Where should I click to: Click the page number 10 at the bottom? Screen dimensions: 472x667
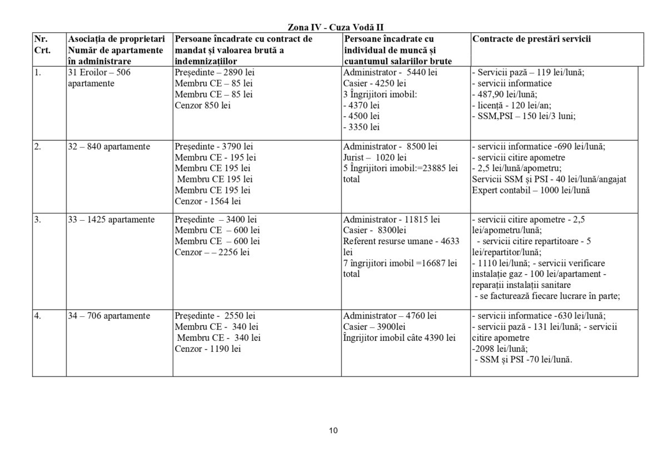(333, 430)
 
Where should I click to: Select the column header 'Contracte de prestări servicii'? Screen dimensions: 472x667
(531, 39)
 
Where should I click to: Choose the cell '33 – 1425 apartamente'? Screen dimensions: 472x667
(111, 220)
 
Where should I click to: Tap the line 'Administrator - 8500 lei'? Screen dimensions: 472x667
(390, 147)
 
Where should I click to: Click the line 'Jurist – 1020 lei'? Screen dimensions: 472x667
(375, 157)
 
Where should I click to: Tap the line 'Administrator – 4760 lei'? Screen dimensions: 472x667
(390, 316)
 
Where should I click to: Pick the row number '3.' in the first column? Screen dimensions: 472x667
(38, 220)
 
